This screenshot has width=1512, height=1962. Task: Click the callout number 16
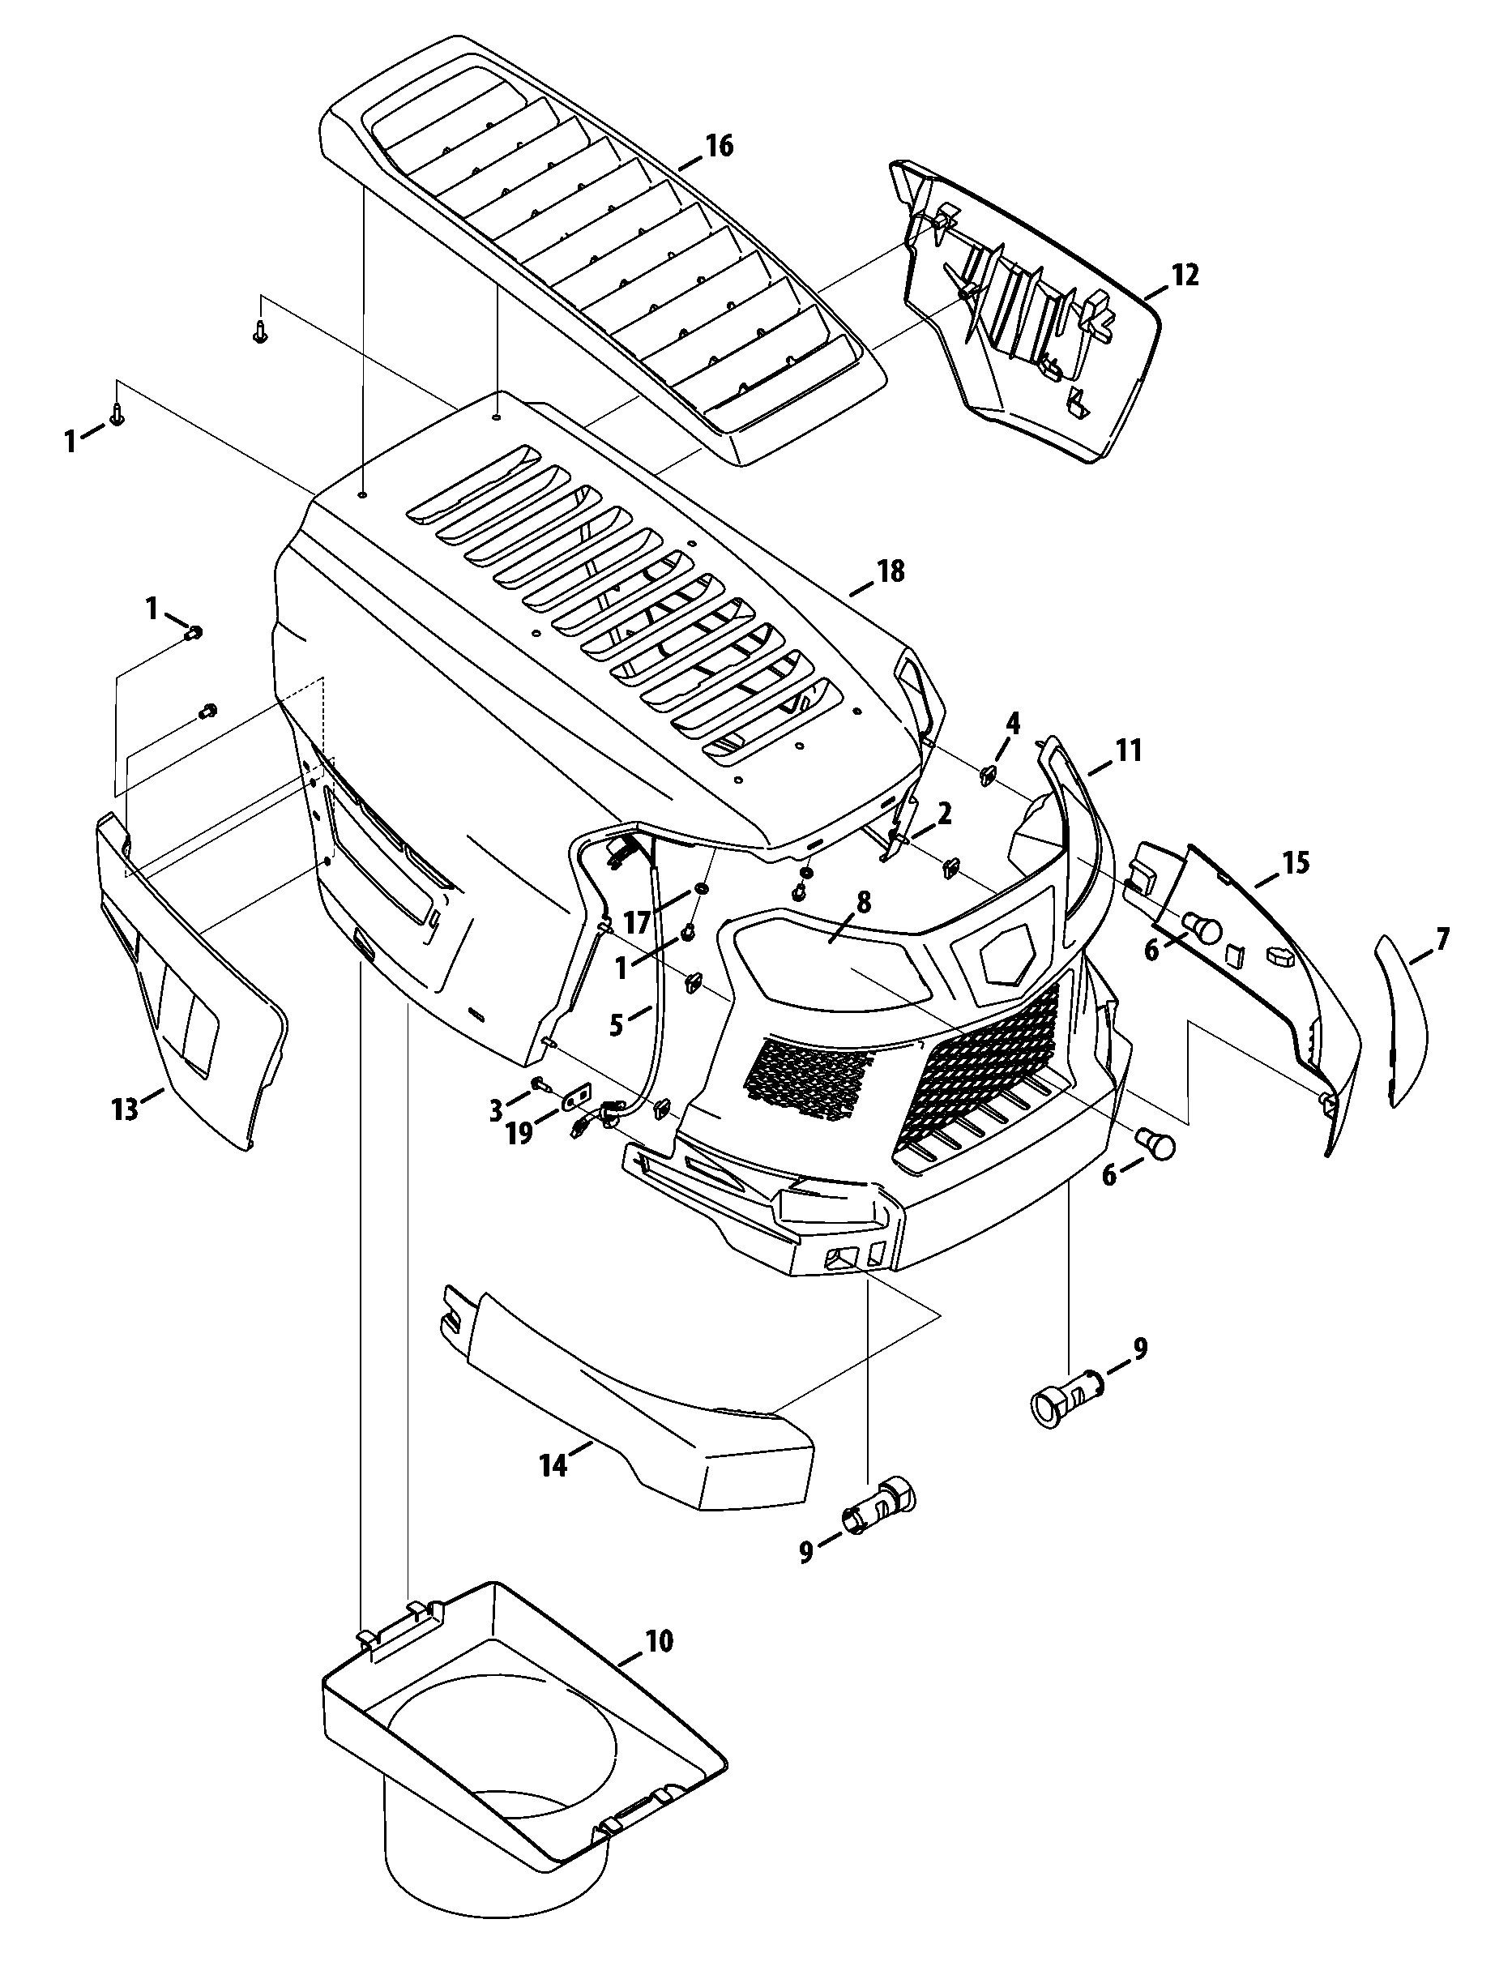(x=719, y=146)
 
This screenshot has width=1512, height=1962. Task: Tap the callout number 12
(x=1185, y=275)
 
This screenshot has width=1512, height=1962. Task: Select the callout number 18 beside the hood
(x=891, y=571)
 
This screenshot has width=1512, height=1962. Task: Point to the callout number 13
(x=125, y=1109)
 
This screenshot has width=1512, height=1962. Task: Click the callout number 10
(x=658, y=1641)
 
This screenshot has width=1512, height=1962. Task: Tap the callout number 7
(x=1443, y=941)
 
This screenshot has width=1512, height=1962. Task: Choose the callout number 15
(x=1295, y=863)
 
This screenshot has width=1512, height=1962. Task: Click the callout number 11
(x=1129, y=750)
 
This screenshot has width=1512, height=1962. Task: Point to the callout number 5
(x=617, y=1024)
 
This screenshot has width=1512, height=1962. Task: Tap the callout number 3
(x=496, y=1111)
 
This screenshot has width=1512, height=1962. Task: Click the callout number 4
(x=1013, y=721)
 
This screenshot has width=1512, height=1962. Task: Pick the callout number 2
(x=943, y=814)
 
